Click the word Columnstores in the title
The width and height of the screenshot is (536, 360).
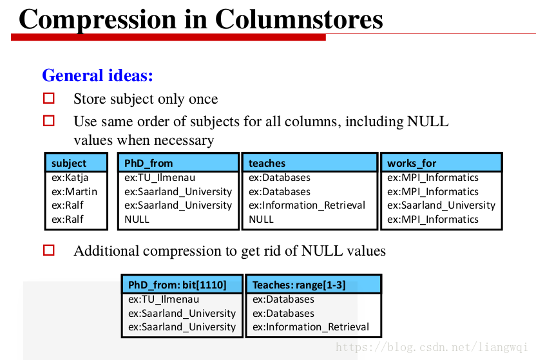point(299,19)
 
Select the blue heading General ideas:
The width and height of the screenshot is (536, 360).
point(97,75)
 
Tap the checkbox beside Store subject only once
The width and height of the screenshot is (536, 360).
point(49,99)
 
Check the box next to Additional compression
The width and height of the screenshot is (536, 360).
point(49,250)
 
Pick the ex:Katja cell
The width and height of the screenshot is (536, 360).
point(70,178)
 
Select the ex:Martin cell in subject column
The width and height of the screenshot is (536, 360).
point(74,192)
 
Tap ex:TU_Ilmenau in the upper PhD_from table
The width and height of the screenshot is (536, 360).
point(160,178)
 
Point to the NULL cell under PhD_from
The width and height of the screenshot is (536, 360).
point(137,219)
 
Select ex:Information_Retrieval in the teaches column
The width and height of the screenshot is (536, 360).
point(307,205)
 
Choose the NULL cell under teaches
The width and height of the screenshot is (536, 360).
point(261,219)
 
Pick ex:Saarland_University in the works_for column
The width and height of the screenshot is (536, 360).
point(441,205)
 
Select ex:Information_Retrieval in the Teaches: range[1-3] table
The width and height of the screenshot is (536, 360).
point(311,327)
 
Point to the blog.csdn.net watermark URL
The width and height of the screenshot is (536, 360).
point(432,347)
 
